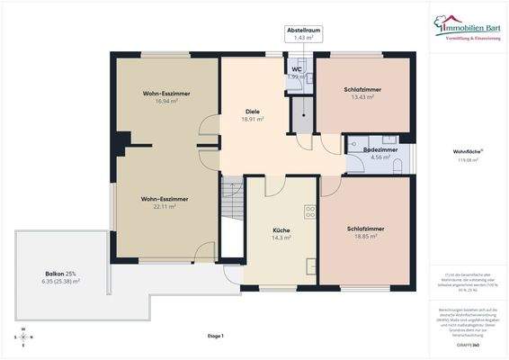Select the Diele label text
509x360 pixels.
tap(252, 111)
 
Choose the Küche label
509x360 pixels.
tap(281, 229)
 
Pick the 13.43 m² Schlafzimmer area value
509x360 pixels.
tap(362, 97)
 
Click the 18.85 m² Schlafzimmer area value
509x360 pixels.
tap(366, 237)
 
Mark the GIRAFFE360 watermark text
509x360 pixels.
tap(468, 344)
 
